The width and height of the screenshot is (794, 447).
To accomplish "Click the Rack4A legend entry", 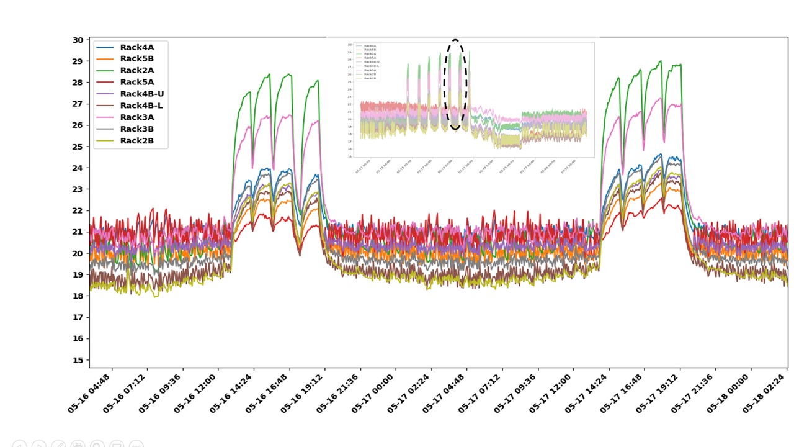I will click(x=136, y=47).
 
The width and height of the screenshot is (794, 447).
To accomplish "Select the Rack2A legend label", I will click(x=136, y=71).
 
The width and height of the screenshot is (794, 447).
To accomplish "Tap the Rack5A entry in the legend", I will click(x=136, y=82).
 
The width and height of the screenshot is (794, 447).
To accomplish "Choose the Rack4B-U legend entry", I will click(x=141, y=94).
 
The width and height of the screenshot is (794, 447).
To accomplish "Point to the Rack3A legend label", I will click(x=136, y=117).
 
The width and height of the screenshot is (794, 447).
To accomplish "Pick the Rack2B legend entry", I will click(x=136, y=141).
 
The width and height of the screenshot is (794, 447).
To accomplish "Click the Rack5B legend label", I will click(x=136, y=59).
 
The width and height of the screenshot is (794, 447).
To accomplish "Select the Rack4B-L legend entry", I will click(x=141, y=106).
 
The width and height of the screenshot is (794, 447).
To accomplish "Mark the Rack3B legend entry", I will click(x=136, y=129).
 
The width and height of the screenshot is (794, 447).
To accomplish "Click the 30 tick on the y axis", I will click(x=78, y=40).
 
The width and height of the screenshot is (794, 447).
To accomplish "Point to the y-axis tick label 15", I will click(x=78, y=360).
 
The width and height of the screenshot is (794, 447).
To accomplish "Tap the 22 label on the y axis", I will click(x=78, y=210).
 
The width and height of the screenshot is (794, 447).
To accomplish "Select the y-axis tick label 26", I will click(x=78, y=125).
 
